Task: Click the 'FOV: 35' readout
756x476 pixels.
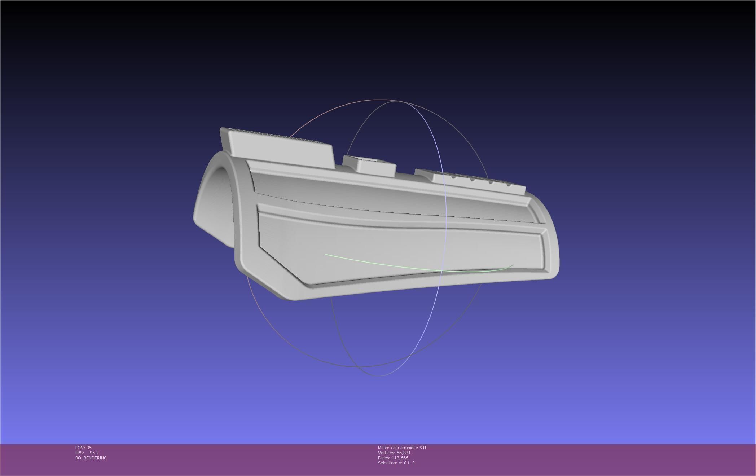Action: point(83,448)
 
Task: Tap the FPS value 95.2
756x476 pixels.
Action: point(94,453)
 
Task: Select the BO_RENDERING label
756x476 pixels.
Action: point(91,458)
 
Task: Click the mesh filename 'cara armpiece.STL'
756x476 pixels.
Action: point(409,448)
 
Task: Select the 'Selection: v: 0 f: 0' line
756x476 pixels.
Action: point(396,463)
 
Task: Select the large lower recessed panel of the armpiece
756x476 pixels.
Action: point(397,249)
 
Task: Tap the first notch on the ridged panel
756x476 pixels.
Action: point(453,177)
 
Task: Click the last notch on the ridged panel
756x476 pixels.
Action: point(509,185)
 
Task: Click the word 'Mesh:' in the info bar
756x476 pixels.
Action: point(383,448)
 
